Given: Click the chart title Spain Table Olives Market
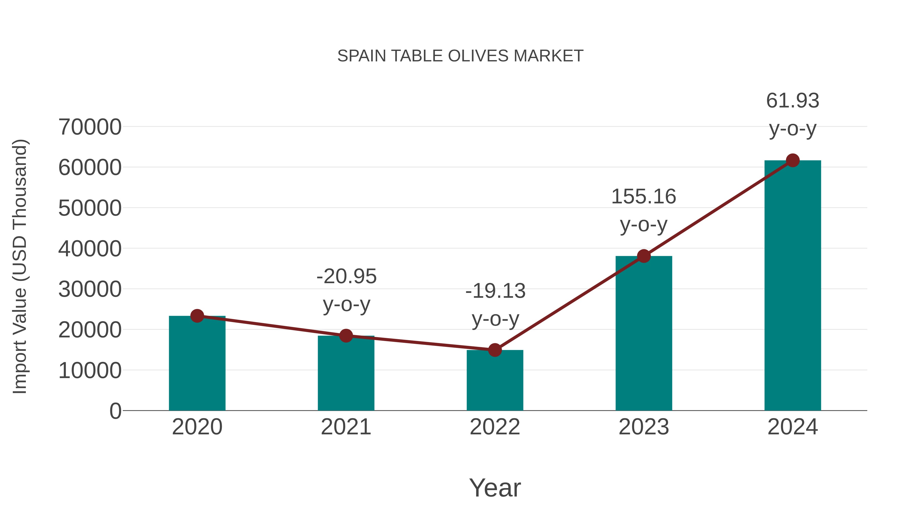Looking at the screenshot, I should [x=460, y=56].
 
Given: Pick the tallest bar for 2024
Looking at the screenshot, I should [x=793, y=286].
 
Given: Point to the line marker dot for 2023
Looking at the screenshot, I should [x=644, y=256].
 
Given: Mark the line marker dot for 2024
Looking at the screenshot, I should [x=793, y=160].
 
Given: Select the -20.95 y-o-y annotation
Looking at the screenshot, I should [x=346, y=290].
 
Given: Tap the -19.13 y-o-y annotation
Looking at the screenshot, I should [x=495, y=305].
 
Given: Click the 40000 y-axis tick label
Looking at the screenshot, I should [x=90, y=249].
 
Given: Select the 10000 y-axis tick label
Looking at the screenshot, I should [x=90, y=371].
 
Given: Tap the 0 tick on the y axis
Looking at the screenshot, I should [x=115, y=411].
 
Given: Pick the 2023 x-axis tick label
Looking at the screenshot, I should [x=644, y=427].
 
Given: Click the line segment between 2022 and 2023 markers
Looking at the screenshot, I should [x=569, y=303].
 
